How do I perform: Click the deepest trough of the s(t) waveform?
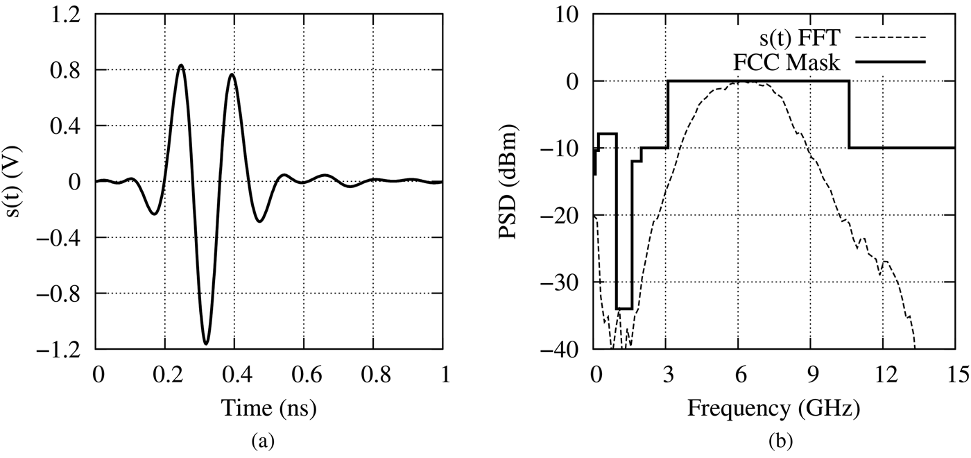[206, 343]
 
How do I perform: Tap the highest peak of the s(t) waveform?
[181, 65]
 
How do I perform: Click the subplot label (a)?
[269, 441]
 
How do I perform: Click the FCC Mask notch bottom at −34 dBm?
[624, 308]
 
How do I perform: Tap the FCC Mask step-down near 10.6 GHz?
[850, 114]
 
